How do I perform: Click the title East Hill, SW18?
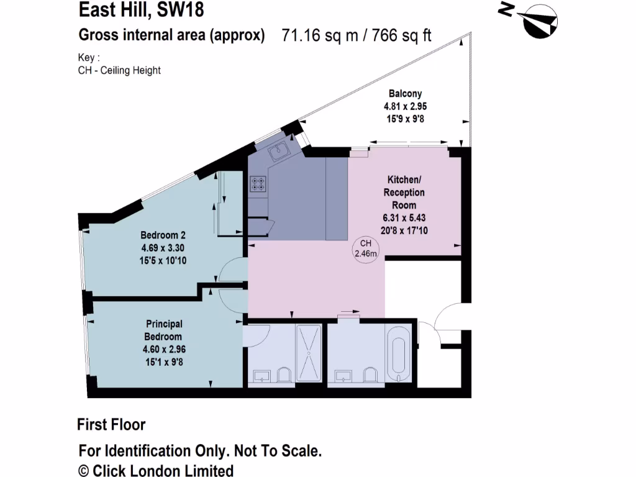[141, 10]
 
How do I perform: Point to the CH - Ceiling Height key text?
[119, 70]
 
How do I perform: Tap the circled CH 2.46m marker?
[366, 248]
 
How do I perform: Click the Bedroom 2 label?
[163, 235]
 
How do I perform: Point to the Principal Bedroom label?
[164, 330]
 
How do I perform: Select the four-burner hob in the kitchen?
[258, 183]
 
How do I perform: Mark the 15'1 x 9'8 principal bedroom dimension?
[164, 361]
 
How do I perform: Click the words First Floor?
[111, 425]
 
